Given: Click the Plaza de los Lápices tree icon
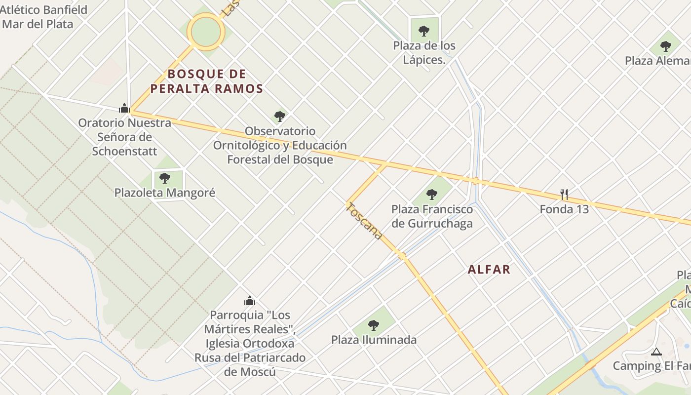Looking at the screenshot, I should click(424, 31).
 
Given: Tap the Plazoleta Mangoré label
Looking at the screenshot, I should click(165, 193).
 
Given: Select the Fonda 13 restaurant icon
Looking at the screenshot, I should click(564, 194).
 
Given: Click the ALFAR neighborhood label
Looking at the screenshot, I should click(489, 269).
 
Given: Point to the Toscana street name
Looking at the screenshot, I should click(365, 222).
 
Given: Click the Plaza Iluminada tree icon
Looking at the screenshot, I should click(374, 325).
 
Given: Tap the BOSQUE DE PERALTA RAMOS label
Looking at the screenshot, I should click(206, 81).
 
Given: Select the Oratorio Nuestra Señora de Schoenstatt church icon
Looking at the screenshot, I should click(124, 108).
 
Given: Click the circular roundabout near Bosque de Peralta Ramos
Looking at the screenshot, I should click(206, 32).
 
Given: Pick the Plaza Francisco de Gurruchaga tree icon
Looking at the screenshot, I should click(432, 194).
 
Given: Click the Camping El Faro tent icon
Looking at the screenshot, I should click(656, 352).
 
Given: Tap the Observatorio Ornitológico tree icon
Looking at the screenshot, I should click(280, 117).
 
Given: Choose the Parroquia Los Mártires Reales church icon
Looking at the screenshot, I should click(250, 300).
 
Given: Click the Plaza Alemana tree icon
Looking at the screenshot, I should click(666, 46).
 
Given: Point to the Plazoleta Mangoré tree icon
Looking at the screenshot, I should click(165, 178).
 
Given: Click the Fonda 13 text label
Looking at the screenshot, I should click(564, 209).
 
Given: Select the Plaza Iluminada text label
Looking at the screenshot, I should click(374, 340).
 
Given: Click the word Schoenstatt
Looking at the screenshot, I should click(124, 151).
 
